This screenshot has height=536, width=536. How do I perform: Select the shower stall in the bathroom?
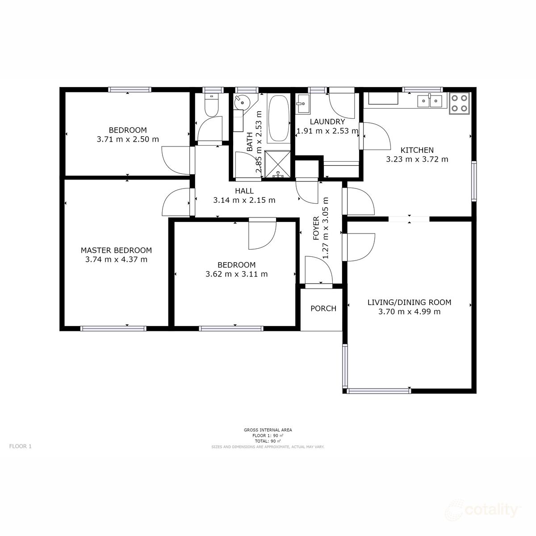click(278, 164)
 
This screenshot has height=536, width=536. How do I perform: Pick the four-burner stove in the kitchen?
click(460, 102)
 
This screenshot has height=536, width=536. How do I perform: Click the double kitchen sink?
click(429, 101)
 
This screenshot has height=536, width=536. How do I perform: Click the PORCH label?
click(323, 309)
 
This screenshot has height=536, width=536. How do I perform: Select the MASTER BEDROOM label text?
click(116, 251)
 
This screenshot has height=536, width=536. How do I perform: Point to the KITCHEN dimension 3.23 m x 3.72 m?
click(417, 159)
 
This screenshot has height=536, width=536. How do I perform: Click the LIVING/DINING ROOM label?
click(409, 302)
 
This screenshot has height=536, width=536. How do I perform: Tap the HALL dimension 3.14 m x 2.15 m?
click(244, 201)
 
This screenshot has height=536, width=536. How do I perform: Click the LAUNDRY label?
click(327, 122)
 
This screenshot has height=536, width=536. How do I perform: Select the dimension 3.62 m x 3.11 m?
click(236, 274)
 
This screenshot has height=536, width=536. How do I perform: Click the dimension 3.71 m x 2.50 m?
click(128, 139)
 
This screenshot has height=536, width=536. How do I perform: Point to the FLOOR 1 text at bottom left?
click(21, 446)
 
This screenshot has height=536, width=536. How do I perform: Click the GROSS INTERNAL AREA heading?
click(268, 430)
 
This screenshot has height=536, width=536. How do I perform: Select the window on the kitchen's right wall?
click(474, 181)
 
